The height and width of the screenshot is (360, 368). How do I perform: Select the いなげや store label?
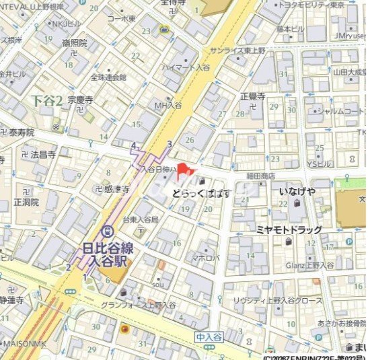pyautogui.click(x=298, y=193)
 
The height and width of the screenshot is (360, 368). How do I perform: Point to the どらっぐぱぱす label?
pyautogui.click(x=200, y=194)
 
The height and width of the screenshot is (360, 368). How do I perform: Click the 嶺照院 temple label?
pyautogui.click(x=75, y=42)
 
